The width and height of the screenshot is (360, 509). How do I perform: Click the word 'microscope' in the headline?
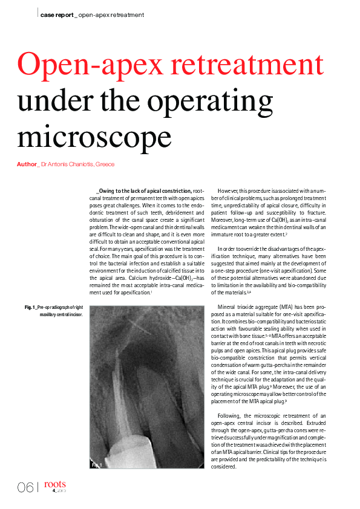tap(94, 136)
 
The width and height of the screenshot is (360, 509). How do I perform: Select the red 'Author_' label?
tap(28, 164)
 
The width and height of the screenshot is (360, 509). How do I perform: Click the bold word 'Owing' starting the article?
tap(110, 191)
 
